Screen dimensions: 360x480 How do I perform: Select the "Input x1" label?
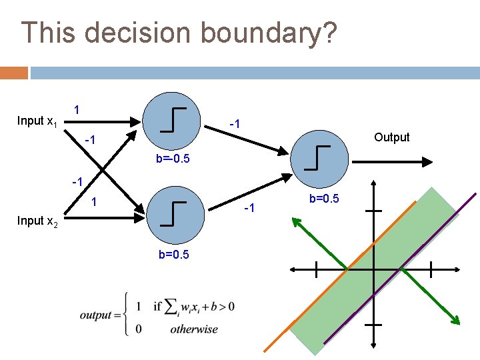pyautogui.click(x=37, y=121)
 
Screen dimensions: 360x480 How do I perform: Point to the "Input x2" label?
pyautogui.click(x=37, y=221)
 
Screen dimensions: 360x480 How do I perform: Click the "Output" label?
pyautogui.click(x=391, y=137)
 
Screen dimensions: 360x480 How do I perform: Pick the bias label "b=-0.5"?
pyautogui.click(x=173, y=159)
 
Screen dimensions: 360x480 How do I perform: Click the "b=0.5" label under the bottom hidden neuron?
pyautogui.click(x=173, y=255)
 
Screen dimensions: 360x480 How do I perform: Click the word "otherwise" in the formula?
pyautogui.click(x=194, y=329)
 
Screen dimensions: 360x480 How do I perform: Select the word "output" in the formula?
pyautogui.click(x=95, y=315)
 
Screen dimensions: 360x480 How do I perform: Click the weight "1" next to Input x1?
pyautogui.click(x=77, y=109)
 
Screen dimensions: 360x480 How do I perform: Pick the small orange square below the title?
pyautogui.click(x=14, y=72)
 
